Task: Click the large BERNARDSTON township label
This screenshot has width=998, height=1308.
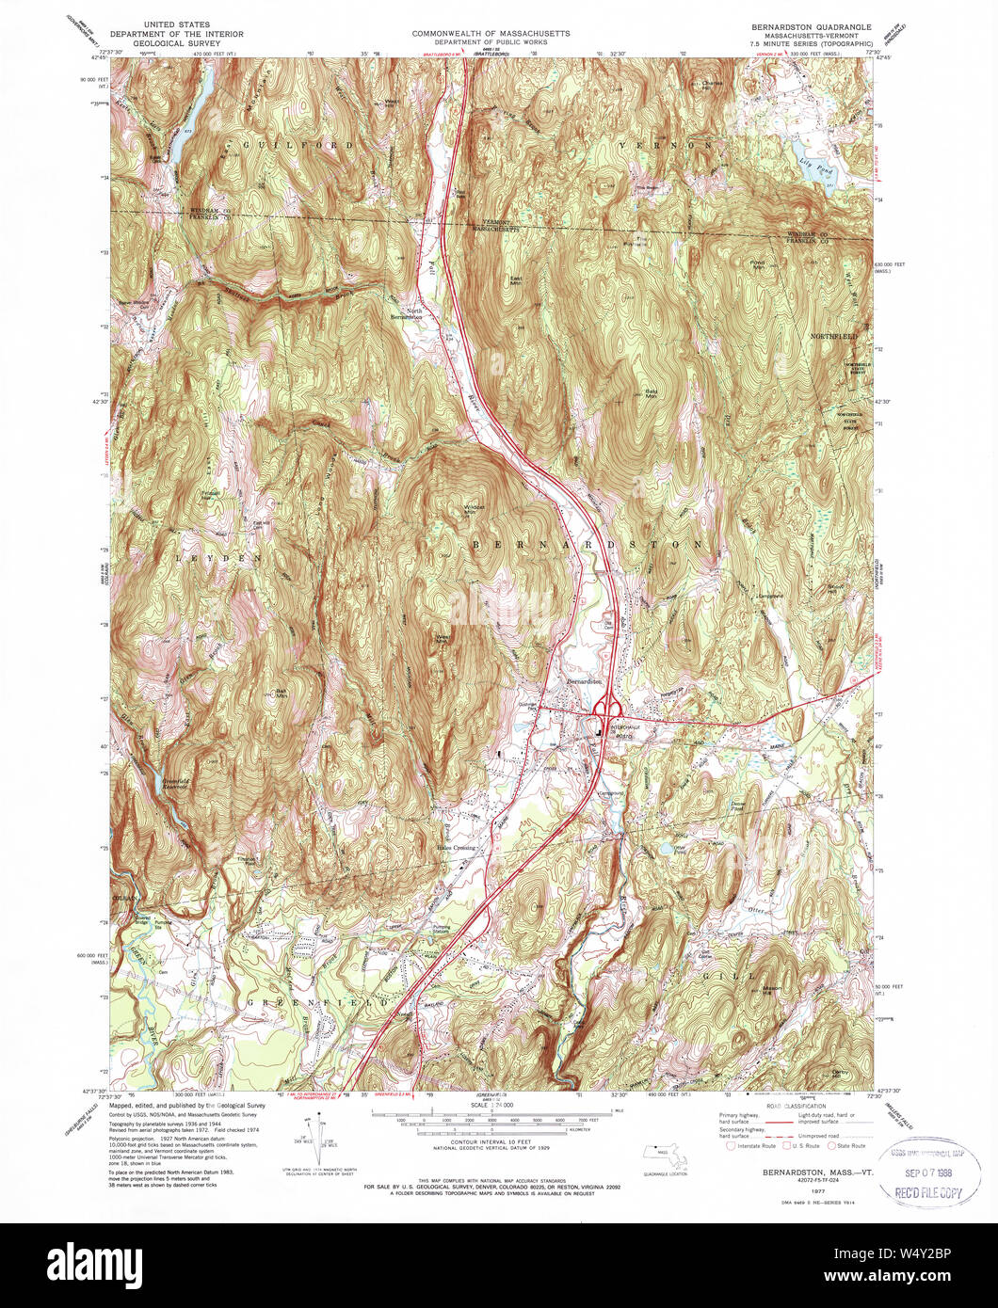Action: point(586,545)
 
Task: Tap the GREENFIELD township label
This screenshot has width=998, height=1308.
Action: point(316,1004)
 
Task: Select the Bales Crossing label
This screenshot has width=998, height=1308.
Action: point(456,848)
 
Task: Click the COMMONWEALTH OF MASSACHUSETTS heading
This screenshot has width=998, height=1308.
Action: point(491,33)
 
